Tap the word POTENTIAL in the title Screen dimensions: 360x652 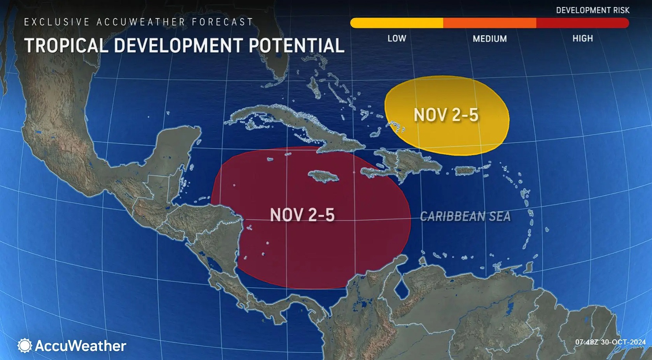click(x=296, y=46)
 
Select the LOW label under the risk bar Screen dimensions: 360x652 click(x=397, y=39)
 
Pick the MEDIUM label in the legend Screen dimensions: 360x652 click(x=490, y=39)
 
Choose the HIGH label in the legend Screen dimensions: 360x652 click(x=582, y=39)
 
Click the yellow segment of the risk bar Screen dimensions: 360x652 click(x=397, y=23)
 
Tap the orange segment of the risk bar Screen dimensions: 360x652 click(x=489, y=23)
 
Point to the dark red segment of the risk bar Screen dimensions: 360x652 click(x=582, y=23)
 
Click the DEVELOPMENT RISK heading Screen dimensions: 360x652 click(x=592, y=11)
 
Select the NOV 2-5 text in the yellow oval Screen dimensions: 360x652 click(x=446, y=115)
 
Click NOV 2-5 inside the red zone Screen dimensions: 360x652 click(x=302, y=215)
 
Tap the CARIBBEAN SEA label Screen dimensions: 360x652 click(x=465, y=216)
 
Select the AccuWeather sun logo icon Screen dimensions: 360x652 click(x=25, y=346)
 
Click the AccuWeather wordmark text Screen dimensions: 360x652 click(x=81, y=346)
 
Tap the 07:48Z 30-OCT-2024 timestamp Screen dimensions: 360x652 click(x=610, y=342)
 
